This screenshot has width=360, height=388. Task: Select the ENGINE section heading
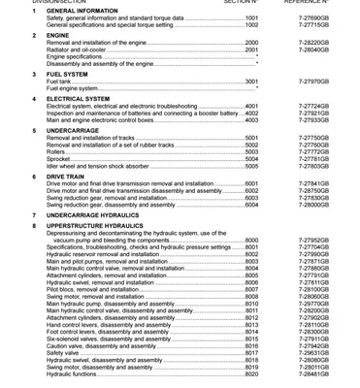(x=58, y=35)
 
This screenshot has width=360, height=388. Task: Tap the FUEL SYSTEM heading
(x=67, y=74)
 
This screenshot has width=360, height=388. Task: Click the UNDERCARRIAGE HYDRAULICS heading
(x=100, y=215)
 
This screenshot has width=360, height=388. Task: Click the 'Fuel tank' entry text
(x=58, y=81)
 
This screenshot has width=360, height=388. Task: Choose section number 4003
(x=251, y=120)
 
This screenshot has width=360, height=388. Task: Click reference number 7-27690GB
(x=311, y=18)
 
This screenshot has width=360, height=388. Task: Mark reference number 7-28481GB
(x=311, y=374)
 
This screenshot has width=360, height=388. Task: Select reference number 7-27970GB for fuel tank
(x=311, y=81)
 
